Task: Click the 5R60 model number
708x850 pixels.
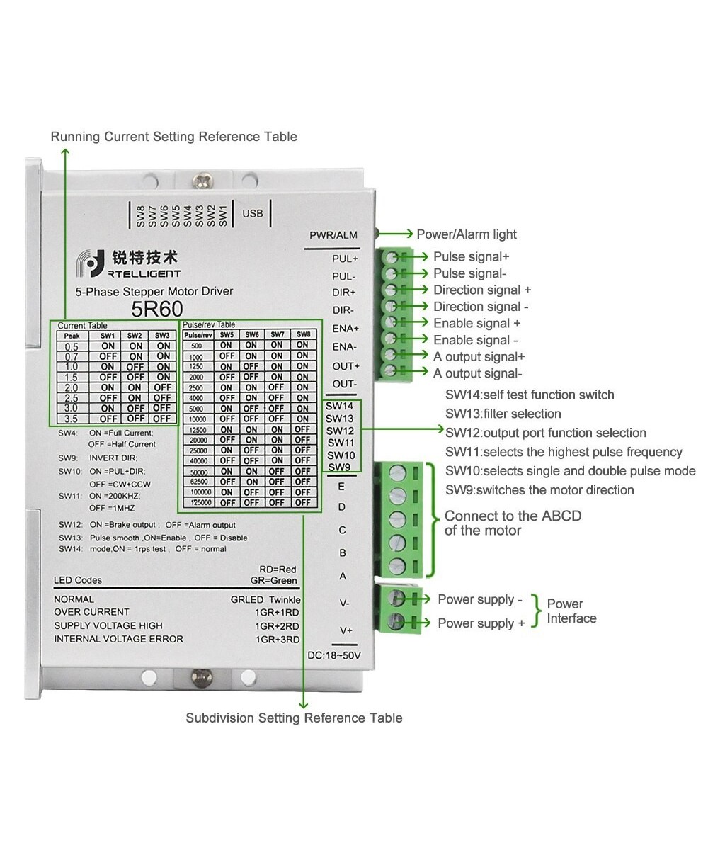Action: (157, 309)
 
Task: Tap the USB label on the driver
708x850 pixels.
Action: (252, 213)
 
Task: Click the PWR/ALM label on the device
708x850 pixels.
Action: (333, 235)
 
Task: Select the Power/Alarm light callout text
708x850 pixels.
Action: (467, 234)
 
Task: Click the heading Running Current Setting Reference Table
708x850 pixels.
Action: (174, 136)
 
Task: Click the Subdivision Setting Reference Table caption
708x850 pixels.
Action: (294, 718)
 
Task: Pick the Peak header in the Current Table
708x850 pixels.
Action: (72, 336)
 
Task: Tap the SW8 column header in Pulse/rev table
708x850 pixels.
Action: (302, 334)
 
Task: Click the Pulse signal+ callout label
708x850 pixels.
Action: (471, 256)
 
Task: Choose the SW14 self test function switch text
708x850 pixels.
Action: (530, 395)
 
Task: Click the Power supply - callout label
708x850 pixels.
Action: (480, 599)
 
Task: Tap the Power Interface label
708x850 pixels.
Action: (571, 611)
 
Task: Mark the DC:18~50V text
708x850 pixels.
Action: (334, 656)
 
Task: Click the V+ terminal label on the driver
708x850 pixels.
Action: (346, 630)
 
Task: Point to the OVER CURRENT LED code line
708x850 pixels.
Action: (92, 612)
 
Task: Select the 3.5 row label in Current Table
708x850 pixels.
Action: (72, 419)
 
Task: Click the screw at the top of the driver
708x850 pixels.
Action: (205, 177)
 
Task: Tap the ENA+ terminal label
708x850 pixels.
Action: (345, 329)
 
